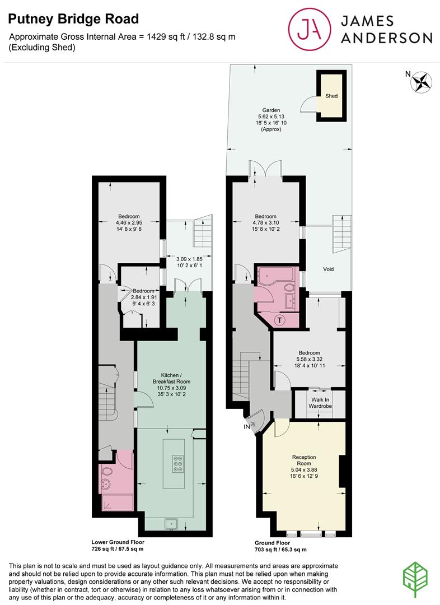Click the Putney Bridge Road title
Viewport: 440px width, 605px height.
(x=73, y=19)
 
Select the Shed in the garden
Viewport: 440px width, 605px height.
(x=331, y=96)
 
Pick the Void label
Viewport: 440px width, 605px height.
(x=329, y=269)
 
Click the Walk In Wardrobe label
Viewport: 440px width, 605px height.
(x=320, y=403)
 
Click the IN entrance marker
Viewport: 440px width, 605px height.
(x=245, y=426)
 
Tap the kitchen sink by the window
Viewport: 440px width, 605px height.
(x=171, y=524)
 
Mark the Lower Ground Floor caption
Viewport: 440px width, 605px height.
(x=118, y=542)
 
